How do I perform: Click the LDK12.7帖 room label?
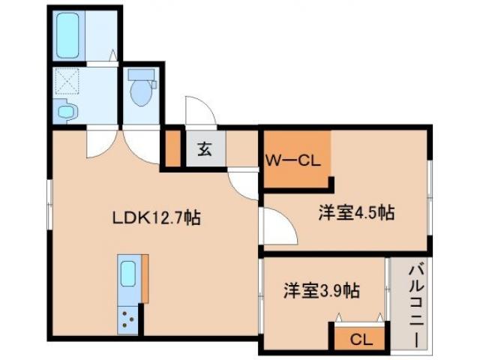[x=155, y=218]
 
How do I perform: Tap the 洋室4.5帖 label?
[x=356, y=213]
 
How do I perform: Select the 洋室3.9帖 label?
[x=320, y=289]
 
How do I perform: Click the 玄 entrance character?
[x=204, y=148]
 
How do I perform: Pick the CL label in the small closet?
[x=361, y=339]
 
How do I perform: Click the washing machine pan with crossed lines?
[x=69, y=82]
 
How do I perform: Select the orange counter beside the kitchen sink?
[x=145, y=279]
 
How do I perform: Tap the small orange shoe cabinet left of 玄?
[x=172, y=148]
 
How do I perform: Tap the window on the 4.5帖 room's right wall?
[x=430, y=180]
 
